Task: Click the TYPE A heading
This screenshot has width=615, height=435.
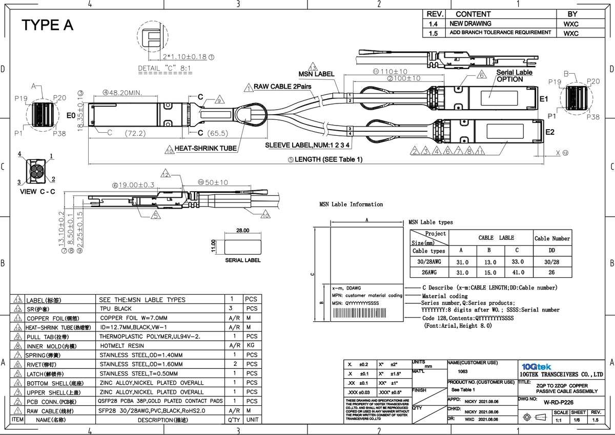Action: pos(47,25)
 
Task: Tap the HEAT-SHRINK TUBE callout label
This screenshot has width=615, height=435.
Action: pos(206,149)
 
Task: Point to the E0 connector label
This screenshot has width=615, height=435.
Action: pos(71,116)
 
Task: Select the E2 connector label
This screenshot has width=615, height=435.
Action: pos(549,132)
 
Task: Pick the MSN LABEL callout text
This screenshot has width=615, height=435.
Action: pos(316,74)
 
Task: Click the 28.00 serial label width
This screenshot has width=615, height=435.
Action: pos(242,231)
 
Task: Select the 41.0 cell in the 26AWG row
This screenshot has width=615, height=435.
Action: pos(518,273)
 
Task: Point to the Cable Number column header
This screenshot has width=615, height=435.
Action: pos(552,238)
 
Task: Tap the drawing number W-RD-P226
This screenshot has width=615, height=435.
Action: pos(558,402)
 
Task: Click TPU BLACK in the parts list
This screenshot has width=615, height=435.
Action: pos(116,309)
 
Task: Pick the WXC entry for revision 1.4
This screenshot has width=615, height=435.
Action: pos(571,24)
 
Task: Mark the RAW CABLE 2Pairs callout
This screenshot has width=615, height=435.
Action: pos(282,87)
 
